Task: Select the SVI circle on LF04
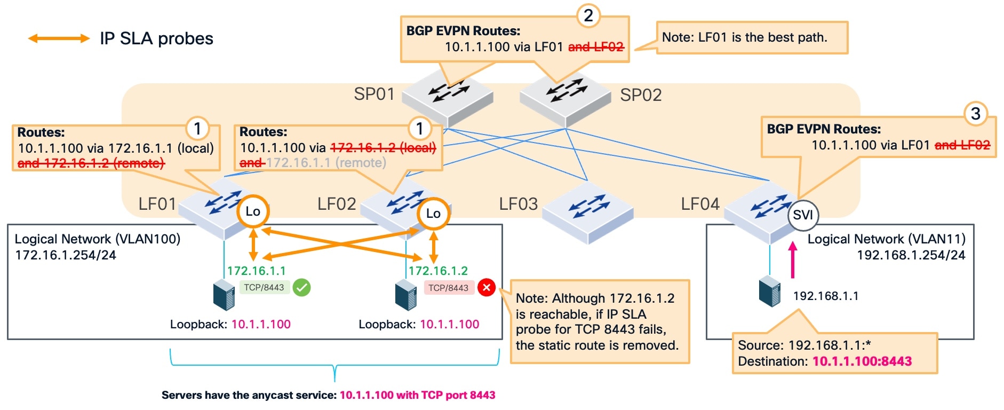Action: [802, 215]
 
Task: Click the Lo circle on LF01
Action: [252, 211]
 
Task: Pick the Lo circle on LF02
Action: [433, 214]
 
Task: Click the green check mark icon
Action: [301, 288]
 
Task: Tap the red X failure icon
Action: [486, 288]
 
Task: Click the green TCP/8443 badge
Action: [264, 288]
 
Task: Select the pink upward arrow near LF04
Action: [793, 259]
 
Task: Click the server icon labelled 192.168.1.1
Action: [769, 291]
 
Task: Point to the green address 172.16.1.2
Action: [438, 271]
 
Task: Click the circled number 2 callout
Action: [588, 15]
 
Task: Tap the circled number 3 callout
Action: [975, 114]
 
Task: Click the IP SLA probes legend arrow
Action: [59, 38]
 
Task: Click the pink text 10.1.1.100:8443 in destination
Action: [862, 361]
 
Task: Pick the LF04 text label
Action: [700, 204]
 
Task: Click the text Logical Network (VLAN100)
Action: [97, 239]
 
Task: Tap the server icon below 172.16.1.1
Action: [224, 295]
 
